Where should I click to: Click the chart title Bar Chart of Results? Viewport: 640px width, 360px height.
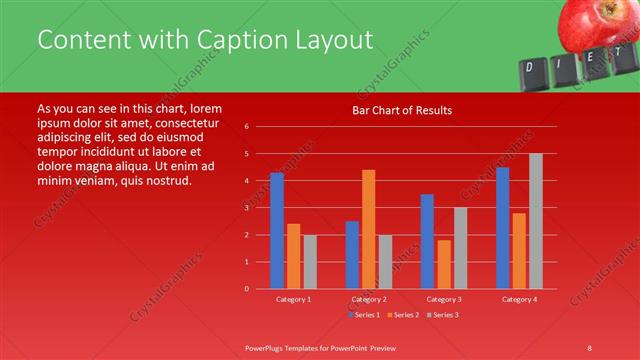click(401, 110)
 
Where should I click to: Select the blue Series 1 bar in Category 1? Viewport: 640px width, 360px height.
click(277, 231)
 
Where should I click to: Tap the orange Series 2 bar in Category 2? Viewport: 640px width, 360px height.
click(368, 229)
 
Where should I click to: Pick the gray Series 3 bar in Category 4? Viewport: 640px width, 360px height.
click(536, 221)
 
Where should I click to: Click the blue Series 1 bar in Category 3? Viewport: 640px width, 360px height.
click(427, 241)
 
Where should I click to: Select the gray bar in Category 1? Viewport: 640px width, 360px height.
click(310, 261)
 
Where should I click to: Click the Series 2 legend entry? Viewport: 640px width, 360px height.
click(403, 315)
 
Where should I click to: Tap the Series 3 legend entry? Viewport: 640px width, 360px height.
click(445, 315)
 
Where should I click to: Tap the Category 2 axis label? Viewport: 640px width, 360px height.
click(368, 299)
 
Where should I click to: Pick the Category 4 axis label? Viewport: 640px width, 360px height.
click(518, 299)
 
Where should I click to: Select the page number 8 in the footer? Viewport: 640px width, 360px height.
click(590, 347)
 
